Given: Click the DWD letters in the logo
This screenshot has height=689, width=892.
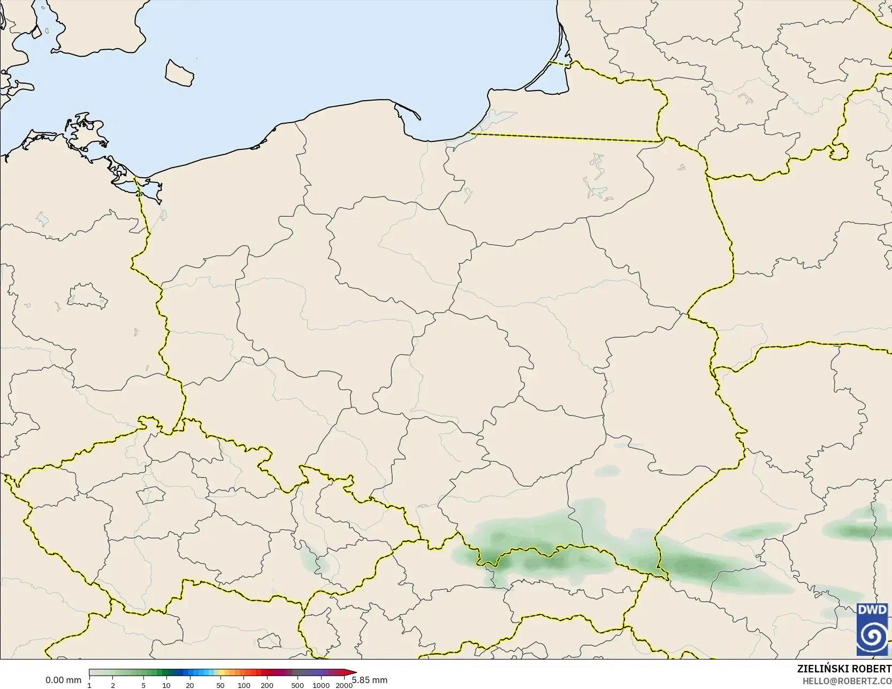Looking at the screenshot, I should click(872, 610).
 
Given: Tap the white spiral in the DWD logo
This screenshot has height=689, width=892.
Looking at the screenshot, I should click(872, 636).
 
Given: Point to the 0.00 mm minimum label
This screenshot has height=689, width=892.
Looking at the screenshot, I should click(63, 680).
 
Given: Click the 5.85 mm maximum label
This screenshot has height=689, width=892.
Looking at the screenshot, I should click(370, 680).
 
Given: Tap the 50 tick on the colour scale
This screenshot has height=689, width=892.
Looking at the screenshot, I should click(220, 685).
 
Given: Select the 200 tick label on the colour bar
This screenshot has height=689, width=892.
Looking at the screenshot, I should click(267, 685).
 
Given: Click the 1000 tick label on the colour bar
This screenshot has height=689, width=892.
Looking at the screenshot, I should click(321, 685).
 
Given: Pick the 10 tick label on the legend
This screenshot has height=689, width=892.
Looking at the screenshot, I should click(166, 685).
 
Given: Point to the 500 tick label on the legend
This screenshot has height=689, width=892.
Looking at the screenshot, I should click(298, 685).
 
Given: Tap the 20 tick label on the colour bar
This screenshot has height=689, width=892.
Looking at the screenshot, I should click(190, 685).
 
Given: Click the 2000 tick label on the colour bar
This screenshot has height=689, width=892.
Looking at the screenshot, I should click(344, 685).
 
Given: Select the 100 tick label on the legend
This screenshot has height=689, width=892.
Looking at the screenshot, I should click(244, 685).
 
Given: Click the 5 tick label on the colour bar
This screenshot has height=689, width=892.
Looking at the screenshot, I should click(143, 685).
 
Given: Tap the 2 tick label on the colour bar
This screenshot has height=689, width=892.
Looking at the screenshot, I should click(113, 685).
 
